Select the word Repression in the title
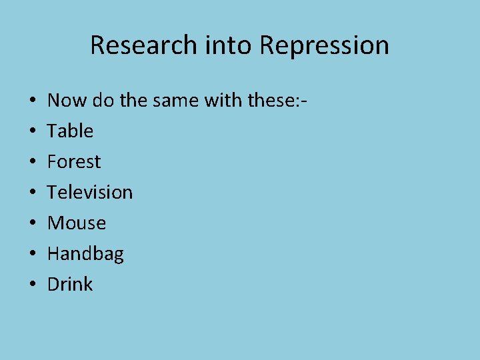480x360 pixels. pyautogui.click(x=324, y=45)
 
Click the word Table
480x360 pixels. pyautogui.click(x=70, y=131)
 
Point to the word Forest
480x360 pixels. pyautogui.click(x=74, y=161)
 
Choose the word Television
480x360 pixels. pyautogui.click(x=90, y=192)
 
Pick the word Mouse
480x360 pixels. pyautogui.click(x=77, y=223)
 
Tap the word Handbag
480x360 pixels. pyautogui.click(x=85, y=253)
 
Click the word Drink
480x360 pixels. pyautogui.click(x=70, y=284)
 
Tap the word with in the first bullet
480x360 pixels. pyautogui.click(x=221, y=101)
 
